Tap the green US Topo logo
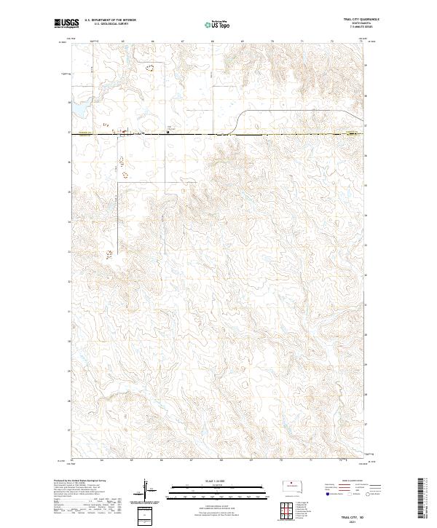(x=218, y=24)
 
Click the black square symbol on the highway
(x=168, y=132)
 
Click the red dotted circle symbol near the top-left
(x=150, y=68)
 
